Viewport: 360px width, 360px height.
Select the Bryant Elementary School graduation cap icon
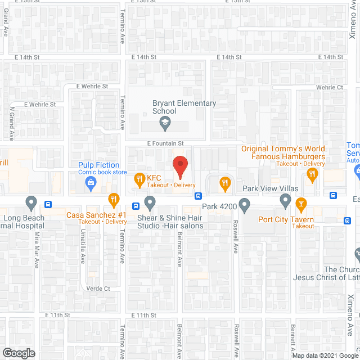[x=165, y=123]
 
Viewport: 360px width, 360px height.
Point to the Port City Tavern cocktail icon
[x=301, y=202]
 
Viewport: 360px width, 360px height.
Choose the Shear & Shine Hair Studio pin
[x=150, y=202]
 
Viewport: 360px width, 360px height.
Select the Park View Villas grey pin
[x=285, y=200]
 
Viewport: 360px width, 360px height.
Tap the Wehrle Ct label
[x=330, y=87]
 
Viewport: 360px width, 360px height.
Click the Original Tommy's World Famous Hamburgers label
[x=283, y=152]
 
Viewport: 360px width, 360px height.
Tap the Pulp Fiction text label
[x=98, y=165]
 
